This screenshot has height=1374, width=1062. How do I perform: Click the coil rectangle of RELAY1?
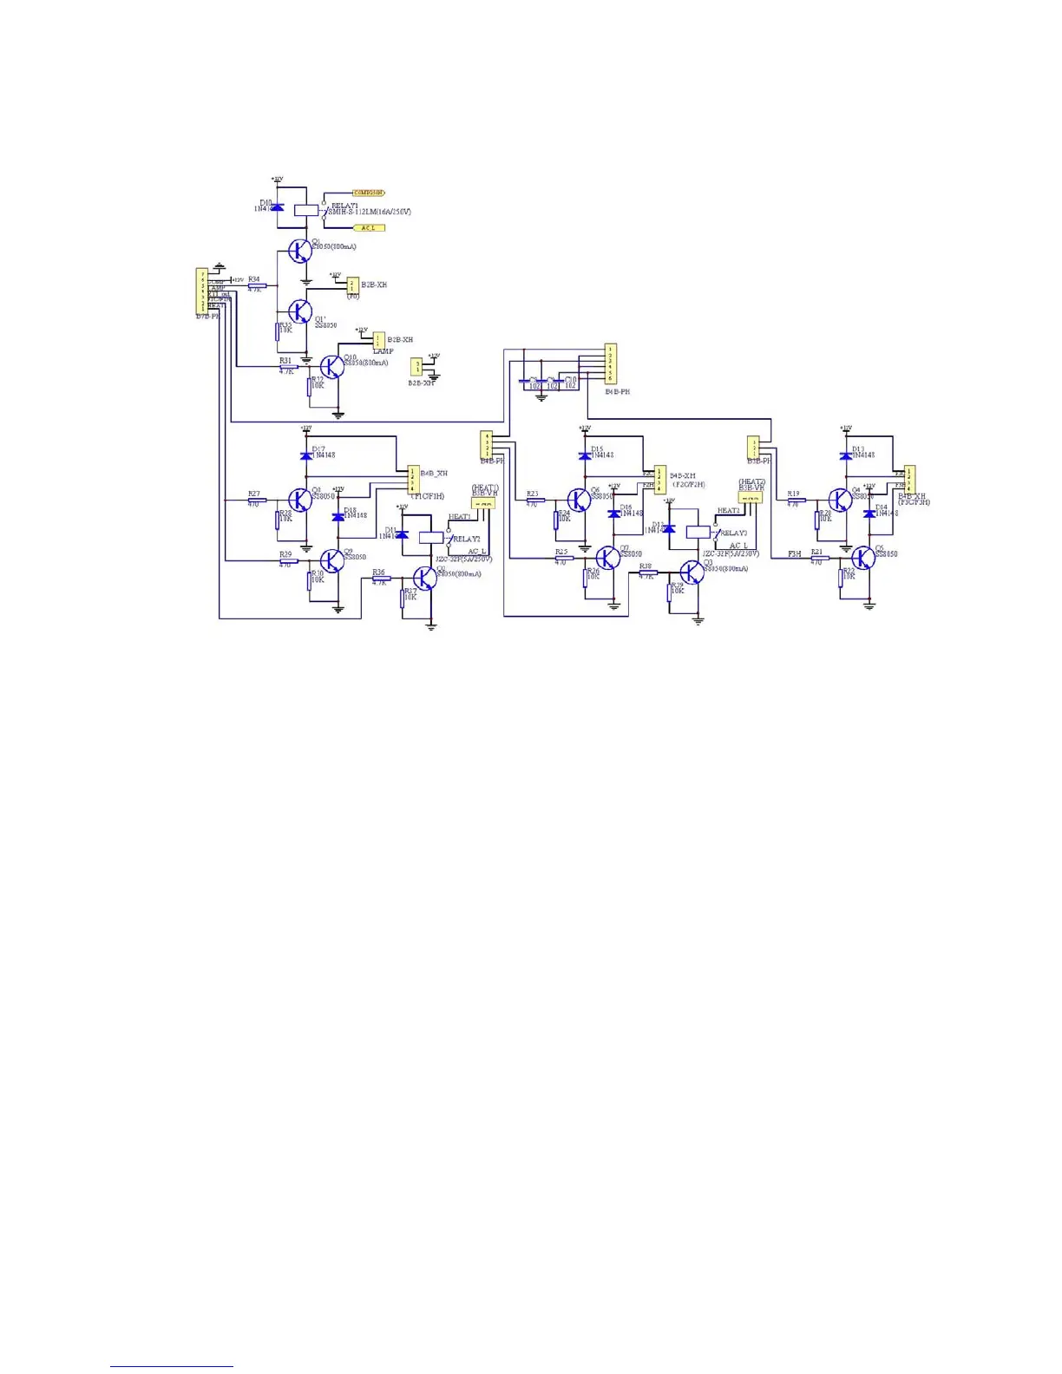point(305,209)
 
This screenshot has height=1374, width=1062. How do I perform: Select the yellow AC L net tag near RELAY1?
point(369,227)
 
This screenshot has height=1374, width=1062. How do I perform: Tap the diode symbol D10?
point(278,207)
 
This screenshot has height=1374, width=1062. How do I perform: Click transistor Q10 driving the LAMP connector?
point(331,366)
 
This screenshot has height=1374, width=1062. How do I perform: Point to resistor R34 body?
point(257,285)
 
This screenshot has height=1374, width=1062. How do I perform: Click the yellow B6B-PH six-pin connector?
point(610,364)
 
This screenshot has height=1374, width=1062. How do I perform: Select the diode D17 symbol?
point(305,455)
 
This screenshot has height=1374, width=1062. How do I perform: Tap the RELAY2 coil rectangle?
point(431,537)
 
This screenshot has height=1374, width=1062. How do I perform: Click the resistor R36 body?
point(381,579)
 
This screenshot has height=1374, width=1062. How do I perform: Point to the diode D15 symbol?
point(585,455)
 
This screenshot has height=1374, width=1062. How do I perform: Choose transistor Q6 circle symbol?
point(579,500)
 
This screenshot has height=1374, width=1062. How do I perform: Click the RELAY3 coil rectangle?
point(698,532)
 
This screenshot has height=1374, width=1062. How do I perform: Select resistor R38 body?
point(647,572)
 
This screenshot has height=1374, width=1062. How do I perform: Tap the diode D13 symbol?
point(846,455)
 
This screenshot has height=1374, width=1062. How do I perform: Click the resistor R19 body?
point(796,500)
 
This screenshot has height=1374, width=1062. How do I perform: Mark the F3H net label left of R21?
point(794,553)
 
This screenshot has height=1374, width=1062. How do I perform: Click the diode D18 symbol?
point(338,517)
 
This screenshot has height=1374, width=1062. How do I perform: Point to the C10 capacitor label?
point(570,379)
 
